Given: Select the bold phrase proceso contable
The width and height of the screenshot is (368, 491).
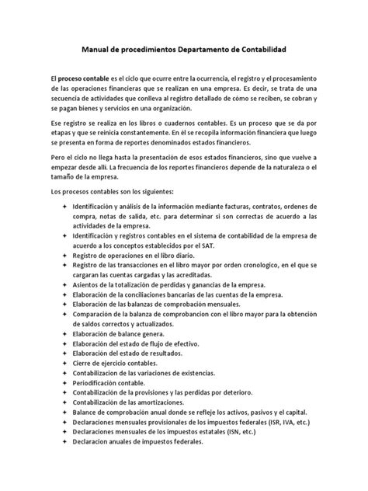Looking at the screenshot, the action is [86, 80].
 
